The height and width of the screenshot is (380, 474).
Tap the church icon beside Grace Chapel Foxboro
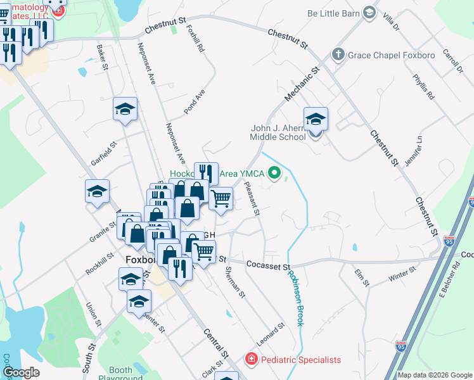[x=338, y=55]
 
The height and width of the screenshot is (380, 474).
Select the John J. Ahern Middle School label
[x=278, y=132]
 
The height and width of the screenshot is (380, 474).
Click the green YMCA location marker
[x=274, y=172]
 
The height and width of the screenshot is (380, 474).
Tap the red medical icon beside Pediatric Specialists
[x=251, y=360]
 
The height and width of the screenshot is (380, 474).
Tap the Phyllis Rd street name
[x=423, y=87]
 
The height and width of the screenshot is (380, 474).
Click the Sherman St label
[x=234, y=281]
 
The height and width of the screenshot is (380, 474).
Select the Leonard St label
[x=271, y=333]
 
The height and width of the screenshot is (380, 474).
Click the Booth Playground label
[x=120, y=374]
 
